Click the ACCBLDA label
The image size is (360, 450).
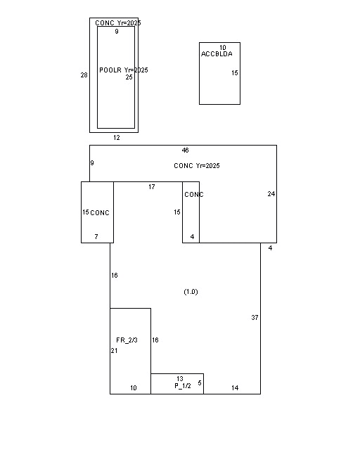point(217,54)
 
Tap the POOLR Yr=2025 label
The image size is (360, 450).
point(124,70)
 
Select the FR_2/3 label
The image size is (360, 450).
point(127,340)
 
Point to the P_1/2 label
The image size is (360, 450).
point(183,386)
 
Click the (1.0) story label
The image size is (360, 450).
point(191,292)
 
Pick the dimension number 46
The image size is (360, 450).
point(185,150)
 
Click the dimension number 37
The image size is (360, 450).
point(255,317)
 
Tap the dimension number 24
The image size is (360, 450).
point(271,194)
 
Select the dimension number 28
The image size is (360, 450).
point(84,75)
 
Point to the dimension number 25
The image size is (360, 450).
point(129,77)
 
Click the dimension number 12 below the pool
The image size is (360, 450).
point(116,138)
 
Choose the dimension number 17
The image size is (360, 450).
point(152,187)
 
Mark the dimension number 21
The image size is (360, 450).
point(114,351)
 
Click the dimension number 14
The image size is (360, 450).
point(235,388)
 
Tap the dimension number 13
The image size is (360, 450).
point(180,379)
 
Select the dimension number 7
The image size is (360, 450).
point(96,237)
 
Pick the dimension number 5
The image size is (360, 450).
point(200,383)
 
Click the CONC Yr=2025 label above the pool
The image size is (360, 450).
point(118,23)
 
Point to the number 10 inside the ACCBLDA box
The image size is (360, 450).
point(222,48)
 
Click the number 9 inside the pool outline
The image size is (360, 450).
point(117,32)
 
